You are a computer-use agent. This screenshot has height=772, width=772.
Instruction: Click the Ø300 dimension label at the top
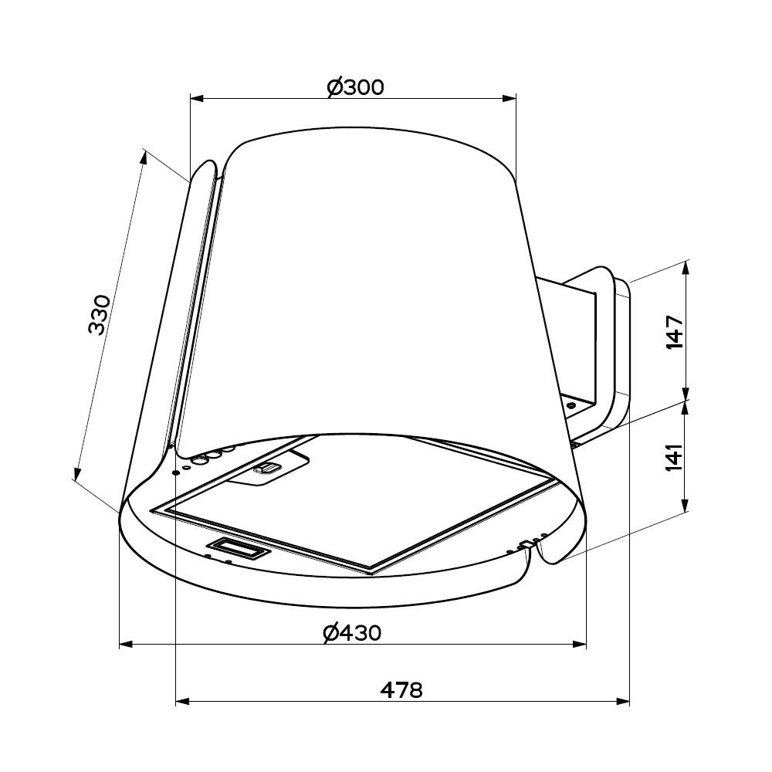tap(355, 88)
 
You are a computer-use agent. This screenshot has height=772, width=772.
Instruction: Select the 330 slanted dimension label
tap(100, 315)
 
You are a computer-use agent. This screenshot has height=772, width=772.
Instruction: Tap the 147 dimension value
tap(674, 333)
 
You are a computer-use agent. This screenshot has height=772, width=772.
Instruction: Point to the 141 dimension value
tap(674, 457)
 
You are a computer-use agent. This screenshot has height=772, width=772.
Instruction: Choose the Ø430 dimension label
tap(353, 633)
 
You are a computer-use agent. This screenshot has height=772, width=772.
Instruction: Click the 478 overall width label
tap(401, 690)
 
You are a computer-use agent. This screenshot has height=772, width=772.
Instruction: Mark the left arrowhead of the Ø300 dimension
tap(197, 99)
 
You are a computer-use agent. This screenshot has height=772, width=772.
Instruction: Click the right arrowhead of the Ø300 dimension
tap(509, 99)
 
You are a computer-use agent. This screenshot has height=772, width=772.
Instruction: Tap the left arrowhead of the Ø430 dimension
tap(127, 644)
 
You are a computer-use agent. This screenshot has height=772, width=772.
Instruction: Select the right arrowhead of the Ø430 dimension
tap(579, 644)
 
